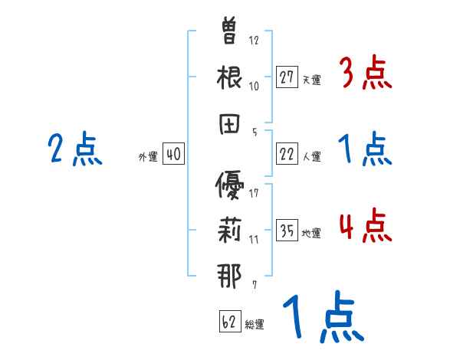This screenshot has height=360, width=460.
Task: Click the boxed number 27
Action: [287, 77]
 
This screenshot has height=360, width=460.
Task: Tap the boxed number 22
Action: [287, 154]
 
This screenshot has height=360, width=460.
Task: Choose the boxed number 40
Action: [173, 154]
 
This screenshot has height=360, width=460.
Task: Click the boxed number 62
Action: [229, 321]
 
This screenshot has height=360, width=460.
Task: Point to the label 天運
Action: [311, 80]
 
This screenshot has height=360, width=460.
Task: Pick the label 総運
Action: [255, 324]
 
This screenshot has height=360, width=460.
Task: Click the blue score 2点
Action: [74, 149]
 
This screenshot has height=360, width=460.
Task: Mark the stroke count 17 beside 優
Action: [254, 192]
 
